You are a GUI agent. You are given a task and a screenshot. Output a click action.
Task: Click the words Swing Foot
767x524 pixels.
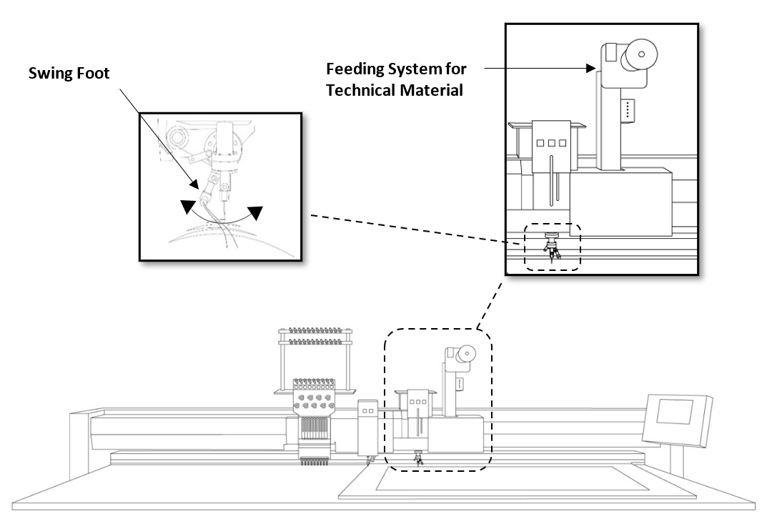click(x=69, y=74)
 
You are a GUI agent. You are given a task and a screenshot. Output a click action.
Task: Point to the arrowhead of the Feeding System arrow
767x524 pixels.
click(x=590, y=69)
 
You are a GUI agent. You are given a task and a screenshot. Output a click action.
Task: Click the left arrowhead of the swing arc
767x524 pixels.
click(x=187, y=206)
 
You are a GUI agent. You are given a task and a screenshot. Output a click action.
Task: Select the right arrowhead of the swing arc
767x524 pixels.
click(x=255, y=212)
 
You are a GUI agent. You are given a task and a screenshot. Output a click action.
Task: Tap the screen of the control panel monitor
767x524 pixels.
click(x=674, y=412)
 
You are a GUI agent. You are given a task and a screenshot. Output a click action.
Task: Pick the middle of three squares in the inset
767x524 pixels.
click(x=552, y=144)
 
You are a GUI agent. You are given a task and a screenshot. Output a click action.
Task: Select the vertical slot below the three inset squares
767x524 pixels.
click(x=551, y=179)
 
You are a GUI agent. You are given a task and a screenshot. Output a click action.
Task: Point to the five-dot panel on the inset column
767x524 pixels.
click(x=628, y=109)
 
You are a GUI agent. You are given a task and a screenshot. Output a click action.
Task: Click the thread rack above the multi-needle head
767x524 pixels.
click(x=315, y=361)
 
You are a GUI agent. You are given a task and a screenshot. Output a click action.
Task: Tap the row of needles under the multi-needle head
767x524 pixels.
click(x=315, y=462)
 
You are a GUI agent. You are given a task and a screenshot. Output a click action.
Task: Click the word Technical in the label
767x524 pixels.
click(x=360, y=91)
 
